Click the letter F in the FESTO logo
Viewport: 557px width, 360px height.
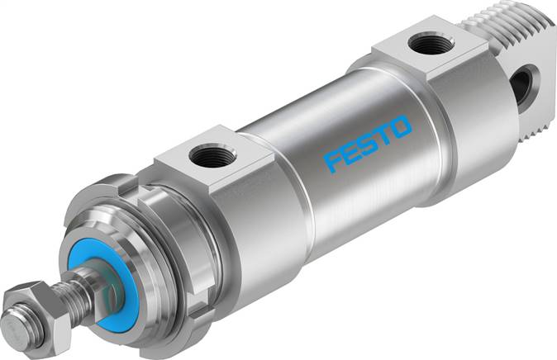[334, 161]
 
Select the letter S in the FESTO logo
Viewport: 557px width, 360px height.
[368, 143]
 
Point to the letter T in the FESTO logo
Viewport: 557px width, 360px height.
[383, 135]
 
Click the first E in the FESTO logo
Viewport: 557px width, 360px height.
[351, 152]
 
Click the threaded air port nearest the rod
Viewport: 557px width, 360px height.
[212, 154]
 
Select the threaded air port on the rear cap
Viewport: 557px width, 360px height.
[431, 43]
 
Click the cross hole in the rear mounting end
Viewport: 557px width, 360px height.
[522, 86]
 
